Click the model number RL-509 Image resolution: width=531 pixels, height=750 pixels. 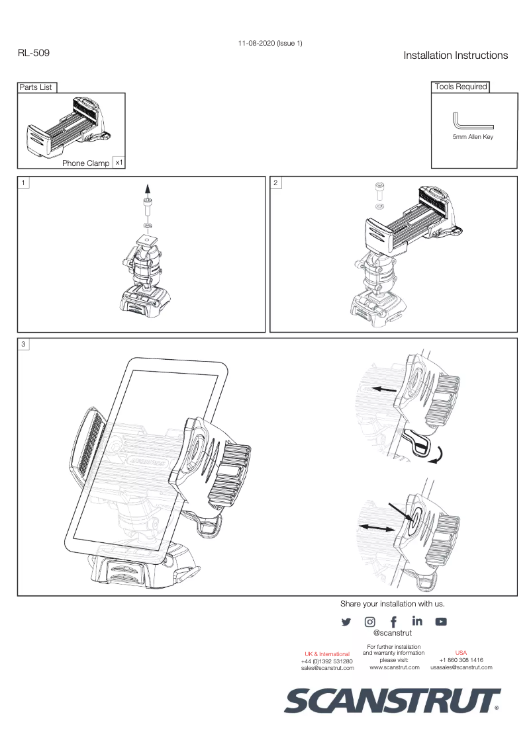[x=33, y=52]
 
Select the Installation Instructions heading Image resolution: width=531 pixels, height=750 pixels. [x=456, y=56]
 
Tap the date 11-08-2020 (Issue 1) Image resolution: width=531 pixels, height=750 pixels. [x=270, y=43]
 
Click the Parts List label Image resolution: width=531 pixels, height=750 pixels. [x=36, y=87]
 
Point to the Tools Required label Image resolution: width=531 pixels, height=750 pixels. [x=460, y=87]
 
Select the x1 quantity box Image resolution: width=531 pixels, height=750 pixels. [x=119, y=162]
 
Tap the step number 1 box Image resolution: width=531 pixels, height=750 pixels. [x=24, y=182]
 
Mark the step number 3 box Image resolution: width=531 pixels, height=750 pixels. [x=24, y=344]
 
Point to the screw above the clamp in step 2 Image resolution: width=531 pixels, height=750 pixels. [x=379, y=191]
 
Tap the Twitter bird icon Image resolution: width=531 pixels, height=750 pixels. [x=346, y=622]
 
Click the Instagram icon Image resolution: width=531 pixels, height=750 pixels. [x=370, y=622]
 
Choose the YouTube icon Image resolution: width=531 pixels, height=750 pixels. [x=441, y=622]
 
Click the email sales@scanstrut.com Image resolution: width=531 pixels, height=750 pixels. [x=327, y=668]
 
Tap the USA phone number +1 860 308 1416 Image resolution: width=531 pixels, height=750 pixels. [x=461, y=660]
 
